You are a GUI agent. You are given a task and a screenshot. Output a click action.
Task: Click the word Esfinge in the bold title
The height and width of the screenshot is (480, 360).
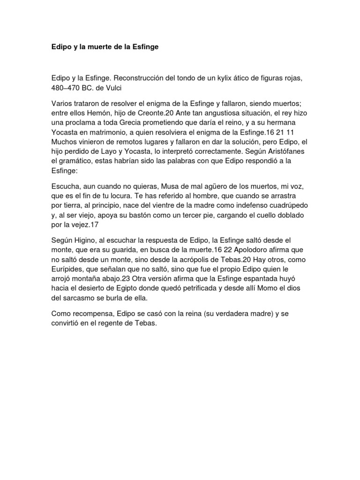click(x=145, y=47)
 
